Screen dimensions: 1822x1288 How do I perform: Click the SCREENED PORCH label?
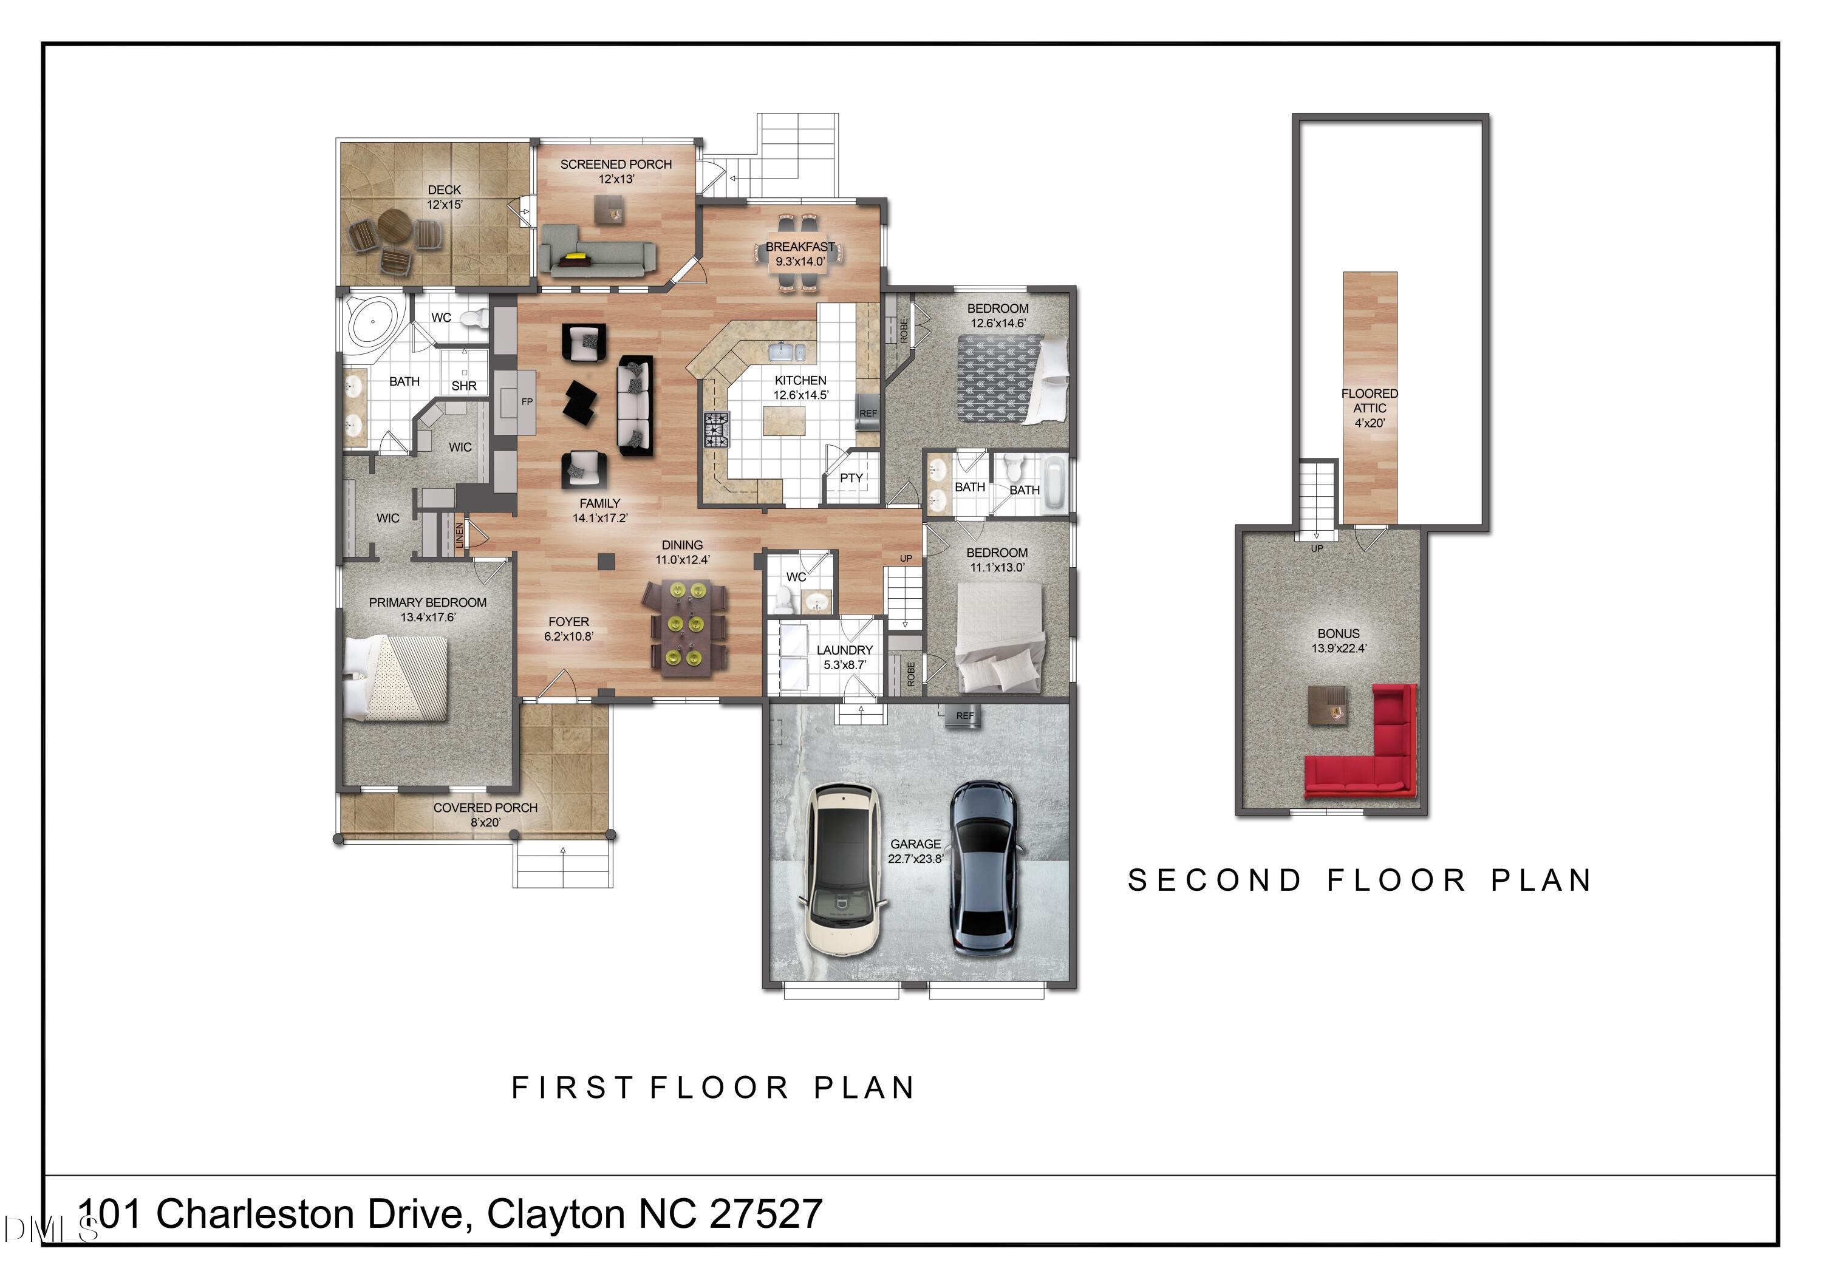click(616, 165)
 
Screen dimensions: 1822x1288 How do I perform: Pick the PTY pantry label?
click(851, 478)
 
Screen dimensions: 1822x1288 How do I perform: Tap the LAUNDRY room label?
click(844, 650)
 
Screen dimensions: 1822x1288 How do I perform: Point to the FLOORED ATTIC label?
click(1370, 401)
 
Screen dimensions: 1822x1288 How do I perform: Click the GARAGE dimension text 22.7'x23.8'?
click(916, 859)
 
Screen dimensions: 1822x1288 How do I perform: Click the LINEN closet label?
click(459, 534)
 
